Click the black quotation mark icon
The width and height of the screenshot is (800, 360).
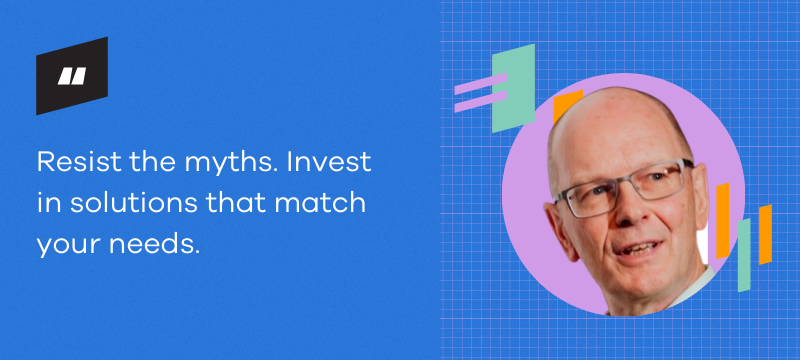coord(71,76)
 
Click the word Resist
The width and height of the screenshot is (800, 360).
coord(71,161)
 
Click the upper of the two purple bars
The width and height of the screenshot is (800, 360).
coord(479,83)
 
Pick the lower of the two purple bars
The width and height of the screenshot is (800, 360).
coord(479,102)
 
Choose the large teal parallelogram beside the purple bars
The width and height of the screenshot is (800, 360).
coord(513,88)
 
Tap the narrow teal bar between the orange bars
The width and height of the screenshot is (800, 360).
coord(744,254)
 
